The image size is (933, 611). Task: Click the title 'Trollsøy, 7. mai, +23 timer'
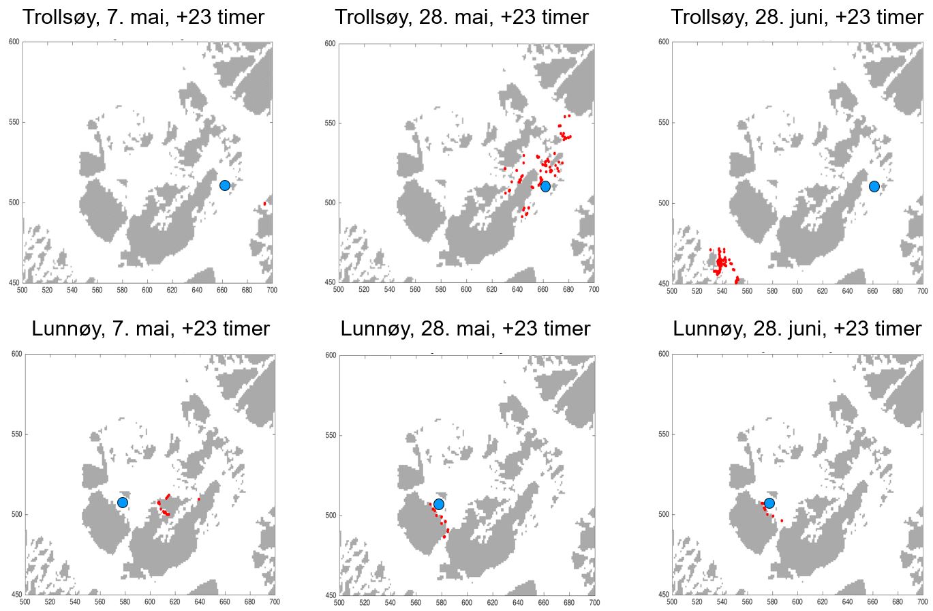pos(143,16)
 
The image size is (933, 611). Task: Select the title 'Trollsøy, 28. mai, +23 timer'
pos(461,16)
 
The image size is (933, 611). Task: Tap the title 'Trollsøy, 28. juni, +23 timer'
pos(797,16)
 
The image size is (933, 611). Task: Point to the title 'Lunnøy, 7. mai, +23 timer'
pos(150,329)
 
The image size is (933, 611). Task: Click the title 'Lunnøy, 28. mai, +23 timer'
pos(465,329)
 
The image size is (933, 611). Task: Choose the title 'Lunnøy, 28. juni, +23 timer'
pos(797,329)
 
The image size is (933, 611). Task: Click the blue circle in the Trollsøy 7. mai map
pos(225,185)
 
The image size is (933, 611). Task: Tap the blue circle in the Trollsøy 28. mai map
pos(545,186)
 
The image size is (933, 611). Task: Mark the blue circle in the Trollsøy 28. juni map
pos(874,186)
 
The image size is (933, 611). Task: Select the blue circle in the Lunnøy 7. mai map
pos(123,503)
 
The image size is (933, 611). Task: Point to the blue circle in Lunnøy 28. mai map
pos(439,504)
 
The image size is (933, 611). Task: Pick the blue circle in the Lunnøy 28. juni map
pos(769,503)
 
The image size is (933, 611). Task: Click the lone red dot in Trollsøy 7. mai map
pos(264,203)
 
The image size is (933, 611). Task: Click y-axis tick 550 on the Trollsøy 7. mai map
pos(13,123)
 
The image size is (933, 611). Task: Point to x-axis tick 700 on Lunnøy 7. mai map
pos(273,603)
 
